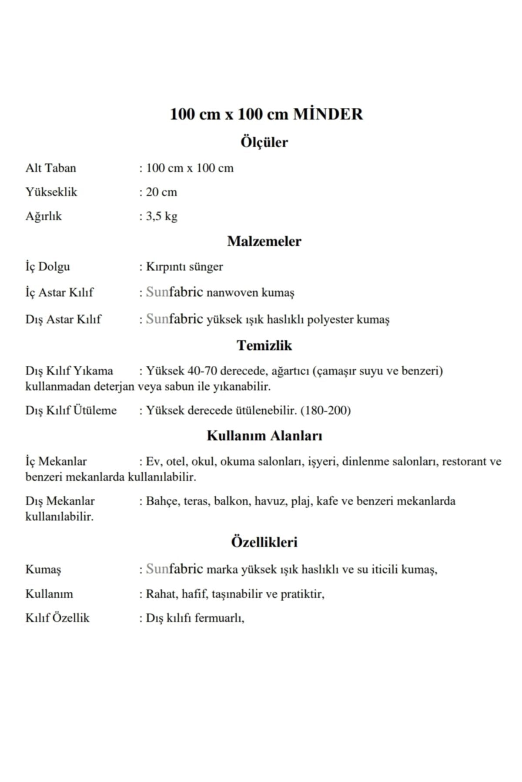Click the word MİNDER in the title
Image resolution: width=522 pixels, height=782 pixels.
point(328,114)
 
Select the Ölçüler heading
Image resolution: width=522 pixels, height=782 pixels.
point(264,142)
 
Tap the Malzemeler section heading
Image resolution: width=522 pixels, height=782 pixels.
point(264,241)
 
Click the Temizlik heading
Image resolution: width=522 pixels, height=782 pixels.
point(264,345)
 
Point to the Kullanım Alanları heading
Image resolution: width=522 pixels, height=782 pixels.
point(264,436)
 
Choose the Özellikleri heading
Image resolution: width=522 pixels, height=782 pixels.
point(264,542)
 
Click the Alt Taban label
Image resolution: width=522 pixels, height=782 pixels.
point(50,168)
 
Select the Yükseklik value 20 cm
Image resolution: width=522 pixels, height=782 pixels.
point(161,192)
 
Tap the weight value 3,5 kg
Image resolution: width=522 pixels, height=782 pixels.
point(161,216)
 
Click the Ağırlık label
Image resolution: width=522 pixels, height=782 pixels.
point(43,216)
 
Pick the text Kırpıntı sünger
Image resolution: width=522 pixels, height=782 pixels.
point(184,267)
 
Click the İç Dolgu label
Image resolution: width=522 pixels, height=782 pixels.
point(47,267)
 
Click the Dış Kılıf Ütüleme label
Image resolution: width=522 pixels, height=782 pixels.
point(71,411)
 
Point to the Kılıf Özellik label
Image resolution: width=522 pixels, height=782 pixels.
point(57,618)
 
